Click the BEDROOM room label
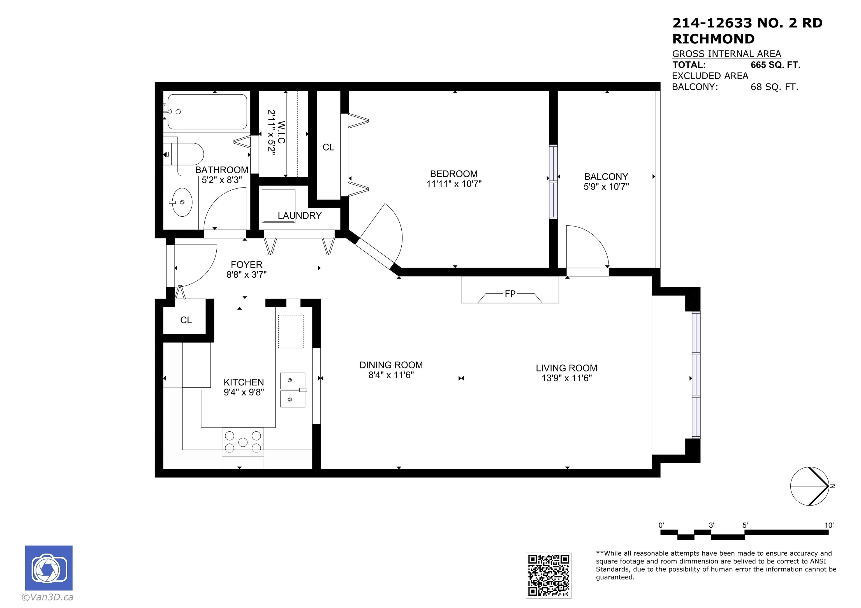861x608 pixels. (454, 174)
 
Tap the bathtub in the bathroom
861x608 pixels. (207, 112)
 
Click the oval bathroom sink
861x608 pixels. (182, 202)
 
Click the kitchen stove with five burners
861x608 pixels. (243, 442)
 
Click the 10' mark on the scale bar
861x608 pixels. (829, 525)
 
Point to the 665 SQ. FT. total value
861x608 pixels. (776, 65)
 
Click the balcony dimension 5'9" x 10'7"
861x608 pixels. (606, 186)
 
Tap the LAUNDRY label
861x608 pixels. (300, 216)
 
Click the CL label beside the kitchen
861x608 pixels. (186, 320)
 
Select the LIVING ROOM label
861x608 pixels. (566, 368)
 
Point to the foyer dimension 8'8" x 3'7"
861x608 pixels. (246, 275)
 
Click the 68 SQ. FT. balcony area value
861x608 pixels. (774, 87)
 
